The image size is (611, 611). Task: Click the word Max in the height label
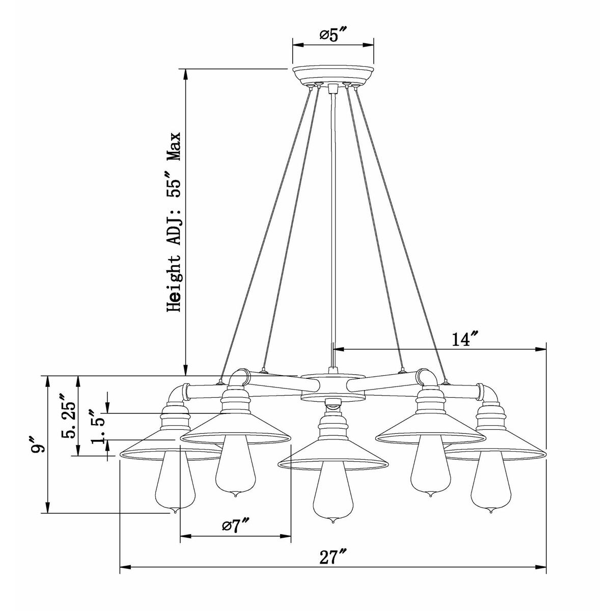[175, 147]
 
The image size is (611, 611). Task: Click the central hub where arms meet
[334, 387]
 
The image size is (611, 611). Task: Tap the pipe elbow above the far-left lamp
[176, 395]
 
